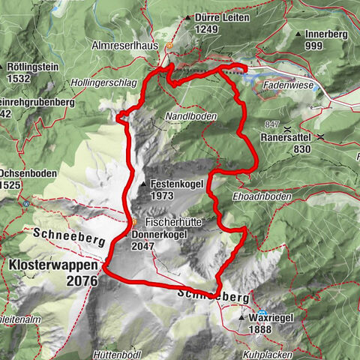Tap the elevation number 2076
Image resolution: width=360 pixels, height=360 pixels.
pyautogui.click(x=81, y=281)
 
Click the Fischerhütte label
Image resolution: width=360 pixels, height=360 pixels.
pyautogui.click(x=177, y=223)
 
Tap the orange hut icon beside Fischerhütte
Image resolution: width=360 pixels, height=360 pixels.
pyautogui.click(x=134, y=222)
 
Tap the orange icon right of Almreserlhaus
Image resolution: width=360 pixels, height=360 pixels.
pyautogui.click(x=170, y=46)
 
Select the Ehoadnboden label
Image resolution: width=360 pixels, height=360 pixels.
pyautogui.click(x=241, y=196)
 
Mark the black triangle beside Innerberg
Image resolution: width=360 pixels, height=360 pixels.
pyautogui.click(x=299, y=34)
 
